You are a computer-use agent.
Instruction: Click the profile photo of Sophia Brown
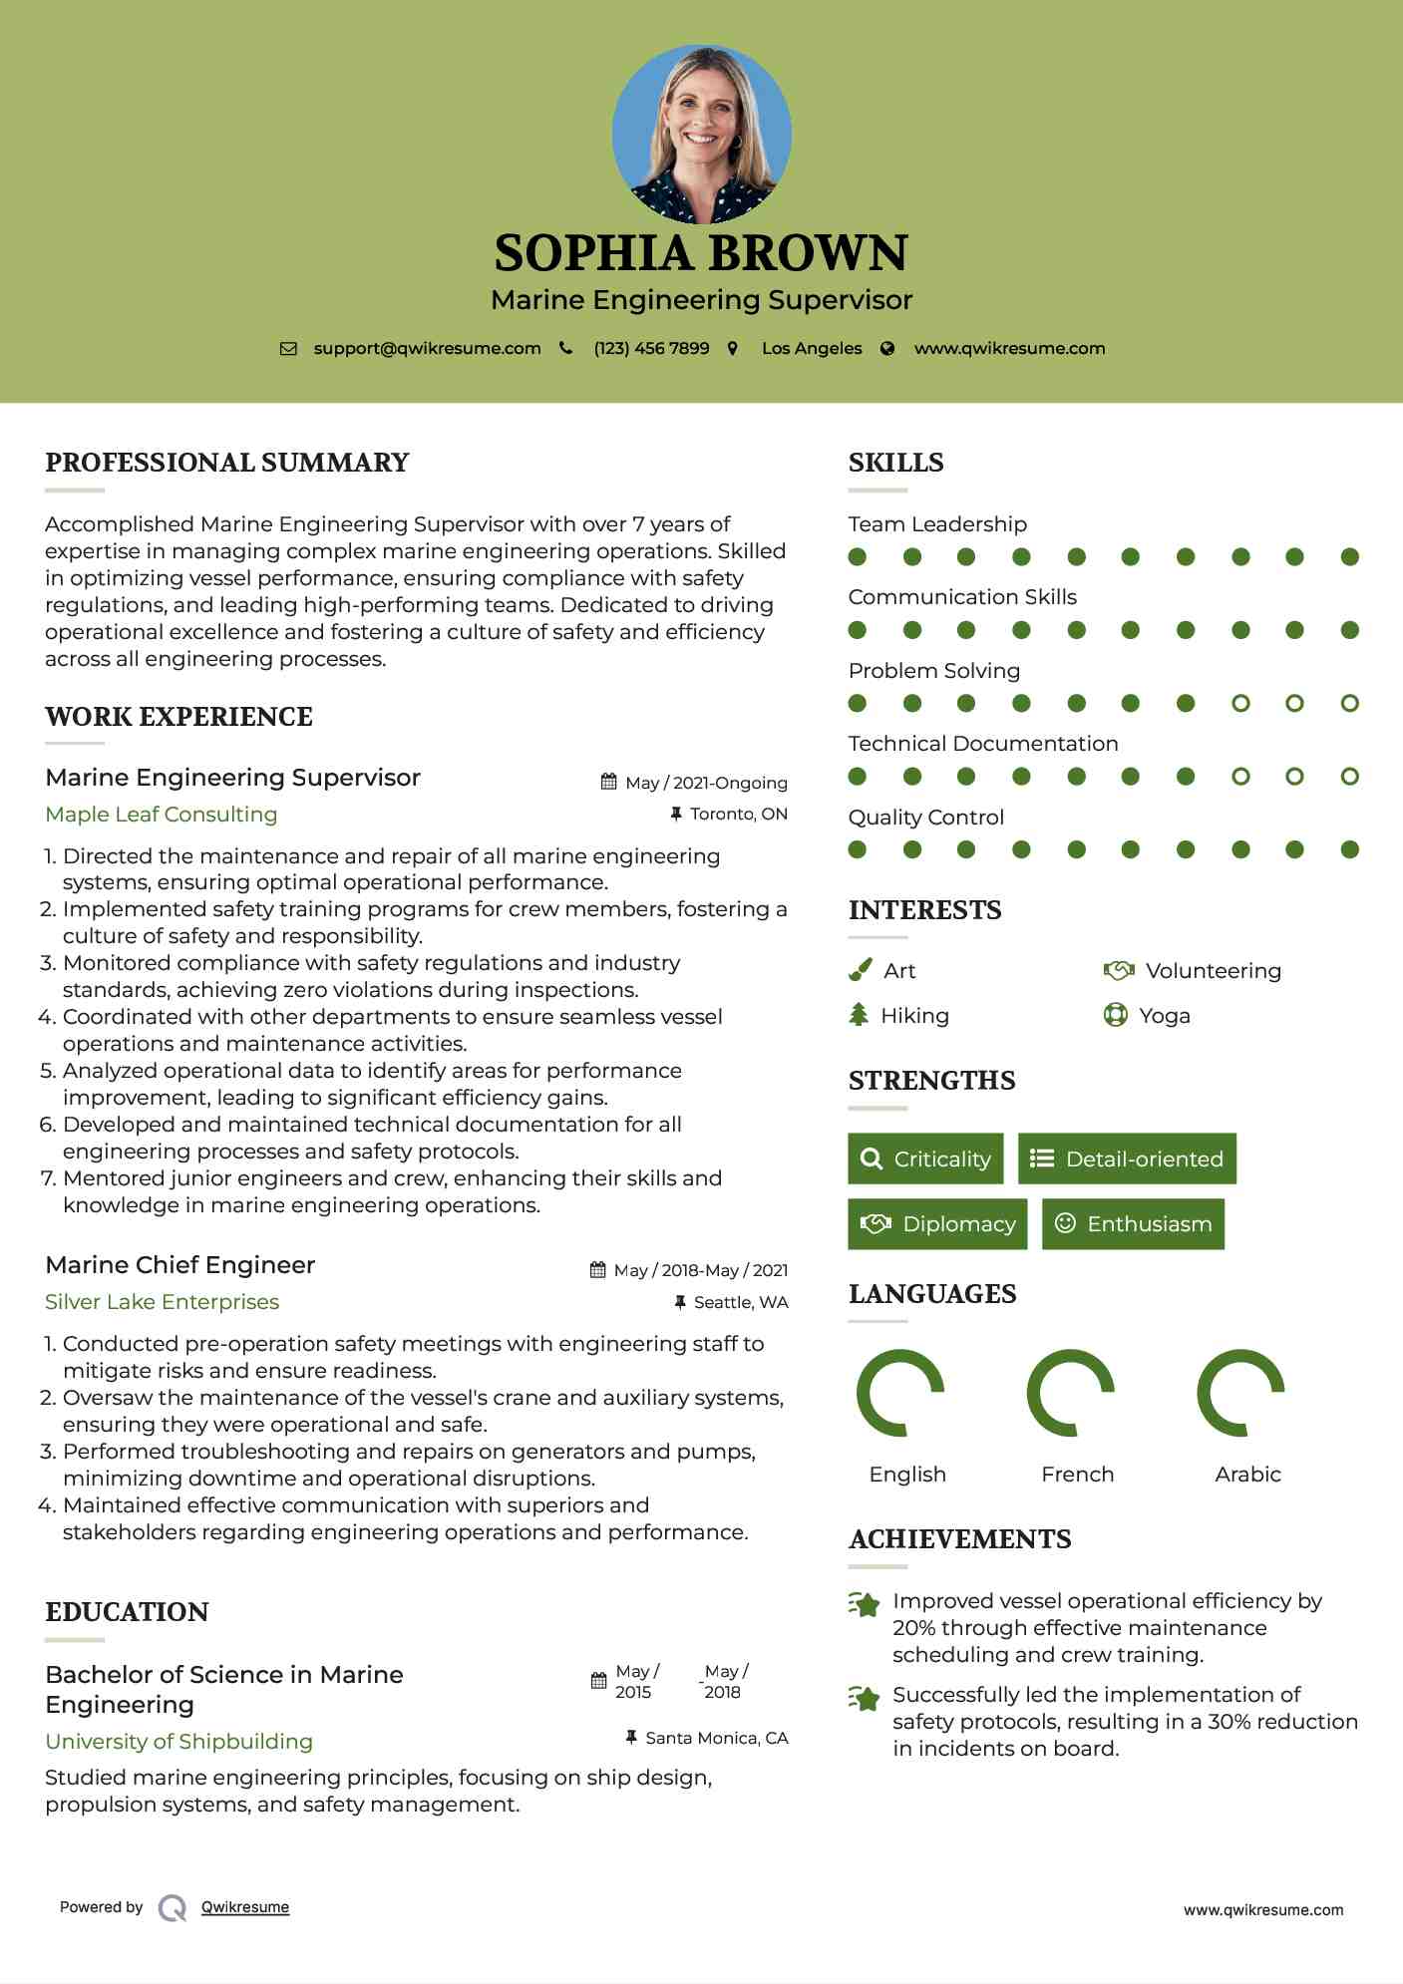pos(701,134)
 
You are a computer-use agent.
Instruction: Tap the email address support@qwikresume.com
pos(427,349)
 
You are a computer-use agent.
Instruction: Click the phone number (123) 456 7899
pos(651,349)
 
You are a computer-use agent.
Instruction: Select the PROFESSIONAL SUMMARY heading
pos(227,463)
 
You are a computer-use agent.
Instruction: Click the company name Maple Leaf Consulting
pos(162,815)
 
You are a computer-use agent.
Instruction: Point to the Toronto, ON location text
pos(738,815)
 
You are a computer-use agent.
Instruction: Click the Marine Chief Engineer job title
pos(180,1265)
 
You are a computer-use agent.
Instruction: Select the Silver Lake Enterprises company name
pos(163,1302)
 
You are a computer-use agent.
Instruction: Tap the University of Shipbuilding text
pos(179,1742)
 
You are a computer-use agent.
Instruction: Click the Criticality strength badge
pos(925,1158)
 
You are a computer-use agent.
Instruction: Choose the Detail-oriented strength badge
pos(1127,1158)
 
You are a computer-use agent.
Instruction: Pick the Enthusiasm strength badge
pos(1133,1223)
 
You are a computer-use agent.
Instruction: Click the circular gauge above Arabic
pos(1240,1393)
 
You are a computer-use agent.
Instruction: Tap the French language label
pos(1077,1475)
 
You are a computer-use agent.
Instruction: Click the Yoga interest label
pos(1165,1016)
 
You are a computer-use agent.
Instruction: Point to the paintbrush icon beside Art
pos(860,970)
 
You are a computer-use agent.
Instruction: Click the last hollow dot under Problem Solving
pos(1349,704)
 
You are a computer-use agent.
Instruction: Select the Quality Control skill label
pos(925,818)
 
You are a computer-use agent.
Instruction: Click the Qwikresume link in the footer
pos(245,1907)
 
